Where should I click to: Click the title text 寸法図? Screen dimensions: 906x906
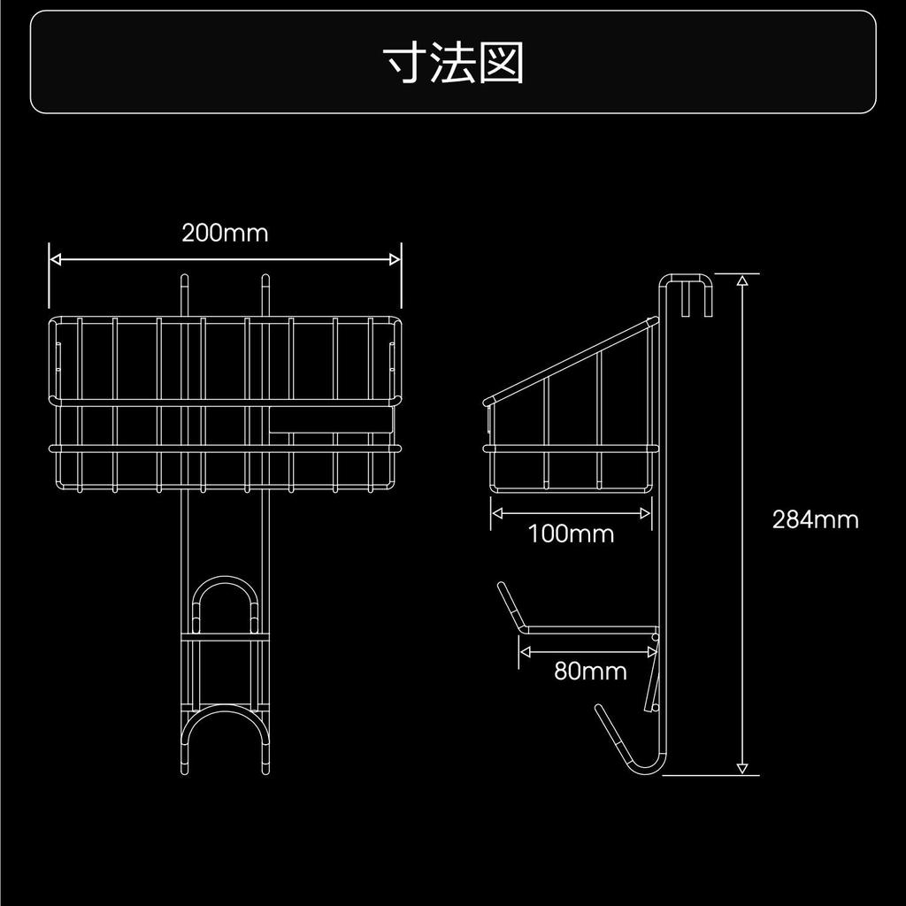point(453,62)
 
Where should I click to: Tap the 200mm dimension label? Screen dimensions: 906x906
point(225,233)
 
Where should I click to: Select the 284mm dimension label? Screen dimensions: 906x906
point(815,519)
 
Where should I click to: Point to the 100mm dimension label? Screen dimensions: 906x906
point(571,534)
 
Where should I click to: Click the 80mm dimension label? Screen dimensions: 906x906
point(590,671)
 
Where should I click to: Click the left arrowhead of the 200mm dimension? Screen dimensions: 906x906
point(56,259)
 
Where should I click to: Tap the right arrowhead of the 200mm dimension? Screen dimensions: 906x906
point(395,259)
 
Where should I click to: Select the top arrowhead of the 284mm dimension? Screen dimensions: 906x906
point(742,280)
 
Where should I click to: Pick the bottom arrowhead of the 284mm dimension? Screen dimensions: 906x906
point(742,769)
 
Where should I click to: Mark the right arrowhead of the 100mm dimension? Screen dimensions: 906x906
point(645,512)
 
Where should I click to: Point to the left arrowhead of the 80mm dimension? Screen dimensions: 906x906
point(525,652)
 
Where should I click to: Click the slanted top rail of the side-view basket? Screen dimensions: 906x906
point(571,359)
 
